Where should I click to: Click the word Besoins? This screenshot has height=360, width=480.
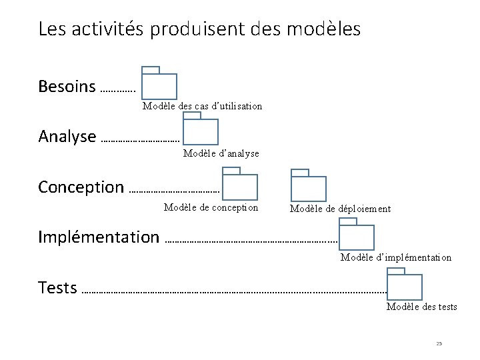coord(67,87)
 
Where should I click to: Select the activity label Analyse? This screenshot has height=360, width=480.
coord(67,137)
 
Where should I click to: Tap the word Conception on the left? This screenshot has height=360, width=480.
coord(81,187)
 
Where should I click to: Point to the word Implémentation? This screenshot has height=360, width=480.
coord(99,237)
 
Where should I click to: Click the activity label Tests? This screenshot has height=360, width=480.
coord(57,288)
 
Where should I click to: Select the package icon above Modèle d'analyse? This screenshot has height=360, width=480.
coord(201,131)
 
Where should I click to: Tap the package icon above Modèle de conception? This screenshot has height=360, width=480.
coord(240,185)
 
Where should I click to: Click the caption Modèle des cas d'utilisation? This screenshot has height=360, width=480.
coord(202,106)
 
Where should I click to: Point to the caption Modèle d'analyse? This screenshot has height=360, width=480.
coord(221,154)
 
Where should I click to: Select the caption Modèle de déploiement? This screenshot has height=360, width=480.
coord(340,209)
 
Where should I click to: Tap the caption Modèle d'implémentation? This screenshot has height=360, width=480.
coord(396,257)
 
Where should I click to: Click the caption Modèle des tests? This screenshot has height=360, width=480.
coord(422,307)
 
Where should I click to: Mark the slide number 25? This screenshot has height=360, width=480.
coord(439,343)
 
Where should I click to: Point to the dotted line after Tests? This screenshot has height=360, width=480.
coord(233,291)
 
